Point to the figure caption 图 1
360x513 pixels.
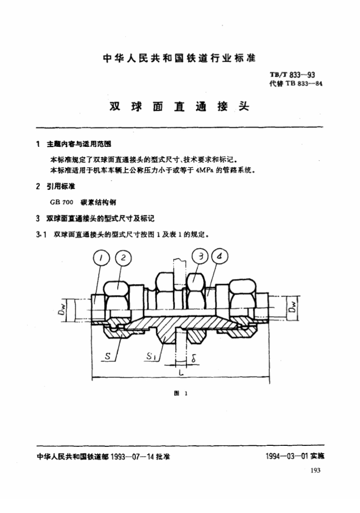(180, 394)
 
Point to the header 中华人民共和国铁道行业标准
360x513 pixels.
(179, 58)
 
